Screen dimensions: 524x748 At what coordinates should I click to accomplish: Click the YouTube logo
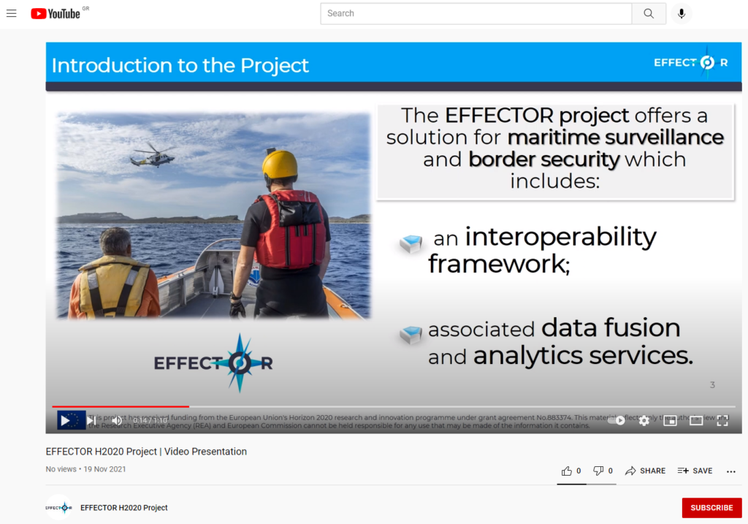point(56,13)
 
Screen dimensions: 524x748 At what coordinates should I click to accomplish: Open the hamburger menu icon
point(11,13)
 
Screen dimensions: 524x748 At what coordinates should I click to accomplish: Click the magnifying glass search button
point(649,13)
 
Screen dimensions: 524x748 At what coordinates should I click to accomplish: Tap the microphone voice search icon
point(681,13)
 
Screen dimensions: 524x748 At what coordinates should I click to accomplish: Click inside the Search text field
point(475,13)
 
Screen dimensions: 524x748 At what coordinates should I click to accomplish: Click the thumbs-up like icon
point(567,471)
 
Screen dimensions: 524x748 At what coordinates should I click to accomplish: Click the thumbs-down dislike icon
point(598,471)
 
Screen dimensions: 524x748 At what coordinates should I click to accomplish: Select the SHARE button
point(645,471)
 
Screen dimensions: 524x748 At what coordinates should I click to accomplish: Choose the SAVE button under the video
point(695,471)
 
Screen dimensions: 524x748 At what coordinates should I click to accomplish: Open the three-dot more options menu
point(730,471)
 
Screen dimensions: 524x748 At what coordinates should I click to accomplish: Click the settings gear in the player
point(644,420)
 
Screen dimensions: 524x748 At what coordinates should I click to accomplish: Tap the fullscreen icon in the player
point(722,420)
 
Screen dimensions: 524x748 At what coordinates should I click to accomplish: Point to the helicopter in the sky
point(153,154)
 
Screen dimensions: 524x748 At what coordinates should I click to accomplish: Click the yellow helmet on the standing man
point(280,165)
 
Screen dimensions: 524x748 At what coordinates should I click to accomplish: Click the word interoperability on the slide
point(560,237)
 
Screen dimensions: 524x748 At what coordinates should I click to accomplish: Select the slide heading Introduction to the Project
point(180,65)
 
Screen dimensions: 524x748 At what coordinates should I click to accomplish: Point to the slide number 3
point(712,385)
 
